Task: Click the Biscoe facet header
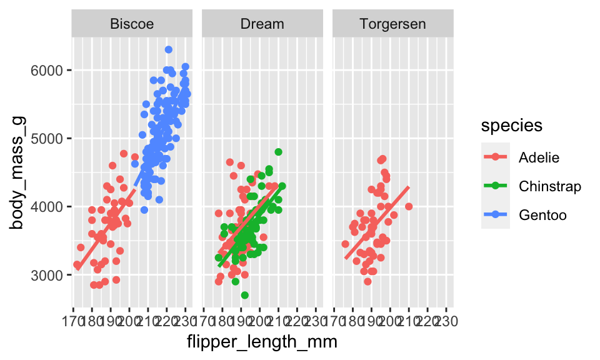point(132,24)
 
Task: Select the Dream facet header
point(262,24)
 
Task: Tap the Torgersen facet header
point(392,24)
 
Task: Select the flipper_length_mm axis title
point(262,342)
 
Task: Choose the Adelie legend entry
point(536,157)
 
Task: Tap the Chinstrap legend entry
point(549,186)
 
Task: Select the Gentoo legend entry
point(542,215)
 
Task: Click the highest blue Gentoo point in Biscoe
point(169,50)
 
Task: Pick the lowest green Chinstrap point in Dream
point(244,295)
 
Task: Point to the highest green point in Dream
point(278,152)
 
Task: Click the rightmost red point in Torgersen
point(409,206)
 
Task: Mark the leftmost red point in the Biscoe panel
point(77,265)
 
